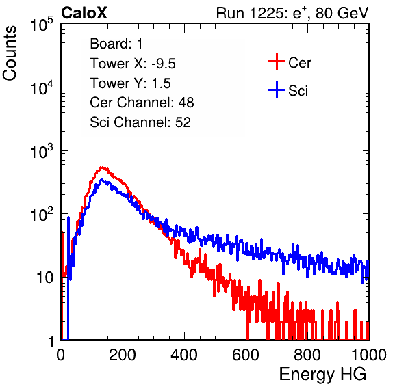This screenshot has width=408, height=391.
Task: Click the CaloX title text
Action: [84, 13]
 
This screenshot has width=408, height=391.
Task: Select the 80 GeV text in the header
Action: [342, 13]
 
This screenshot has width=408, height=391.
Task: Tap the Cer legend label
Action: [299, 63]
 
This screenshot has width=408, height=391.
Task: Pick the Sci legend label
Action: [298, 91]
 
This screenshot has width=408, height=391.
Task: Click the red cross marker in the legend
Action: [277, 62]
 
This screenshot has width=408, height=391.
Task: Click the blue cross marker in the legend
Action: [277, 90]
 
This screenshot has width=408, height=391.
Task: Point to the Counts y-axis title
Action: [10, 53]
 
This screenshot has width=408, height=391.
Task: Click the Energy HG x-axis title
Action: [322, 374]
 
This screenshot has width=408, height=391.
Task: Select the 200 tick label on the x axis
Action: [123, 355]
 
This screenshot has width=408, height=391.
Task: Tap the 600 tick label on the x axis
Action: [246, 355]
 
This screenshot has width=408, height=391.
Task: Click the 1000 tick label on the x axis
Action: [369, 355]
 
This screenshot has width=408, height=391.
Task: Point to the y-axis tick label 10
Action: [45, 278]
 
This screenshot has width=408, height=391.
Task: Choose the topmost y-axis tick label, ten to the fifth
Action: [42, 24]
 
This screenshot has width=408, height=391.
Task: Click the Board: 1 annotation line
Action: [116, 43]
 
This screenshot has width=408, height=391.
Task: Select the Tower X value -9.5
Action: [164, 64]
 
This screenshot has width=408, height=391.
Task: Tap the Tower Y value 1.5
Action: [161, 83]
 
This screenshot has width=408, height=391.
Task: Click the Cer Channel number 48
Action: [186, 103]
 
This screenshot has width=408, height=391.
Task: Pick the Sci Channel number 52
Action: [183, 122]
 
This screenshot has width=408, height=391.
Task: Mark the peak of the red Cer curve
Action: [102, 167]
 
